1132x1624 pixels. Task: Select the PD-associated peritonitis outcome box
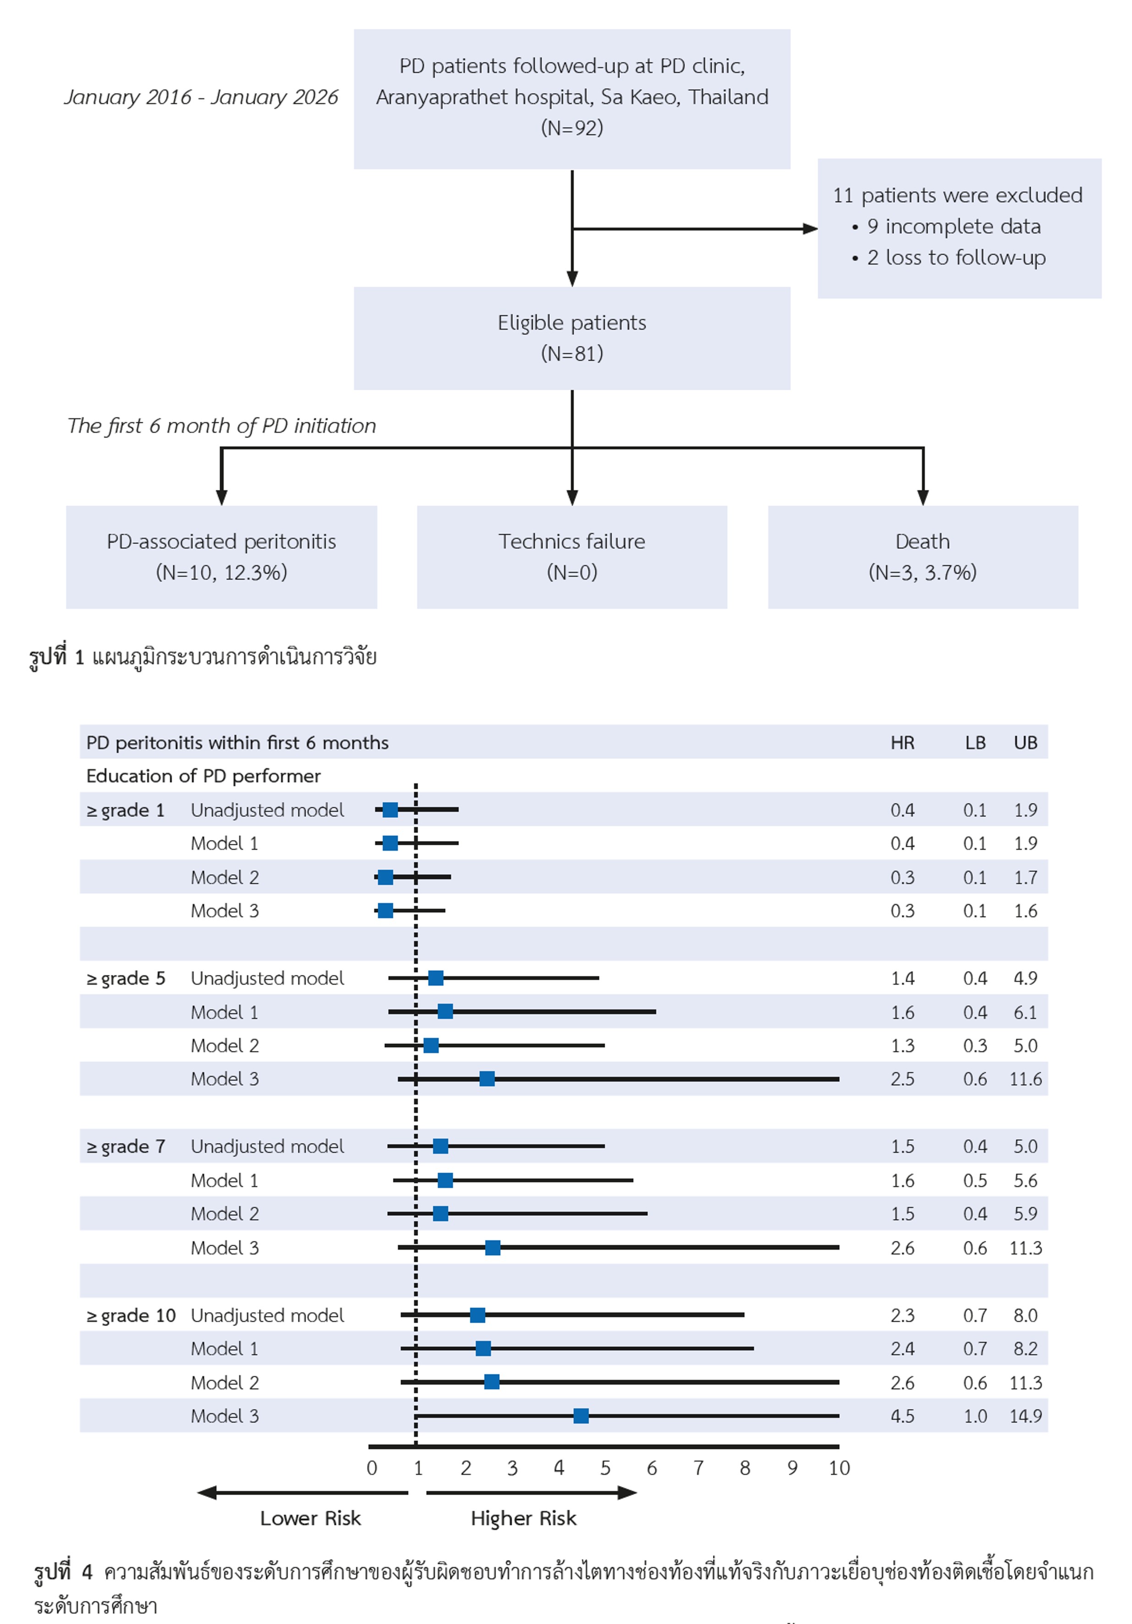tap(221, 557)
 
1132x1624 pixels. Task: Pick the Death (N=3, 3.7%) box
tap(923, 557)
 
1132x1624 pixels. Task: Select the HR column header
tap(902, 743)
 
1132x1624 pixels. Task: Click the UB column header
tap(1025, 743)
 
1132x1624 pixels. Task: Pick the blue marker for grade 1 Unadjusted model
tap(390, 810)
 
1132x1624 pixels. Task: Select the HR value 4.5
tap(902, 1416)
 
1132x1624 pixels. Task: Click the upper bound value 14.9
tap(1025, 1416)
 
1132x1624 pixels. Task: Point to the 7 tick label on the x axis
tap(699, 1469)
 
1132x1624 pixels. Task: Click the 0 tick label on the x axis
tap(372, 1469)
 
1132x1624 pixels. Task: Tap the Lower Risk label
tap(310, 1519)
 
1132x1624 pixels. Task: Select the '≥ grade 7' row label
tap(126, 1147)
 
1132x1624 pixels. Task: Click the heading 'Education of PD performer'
tap(204, 776)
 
